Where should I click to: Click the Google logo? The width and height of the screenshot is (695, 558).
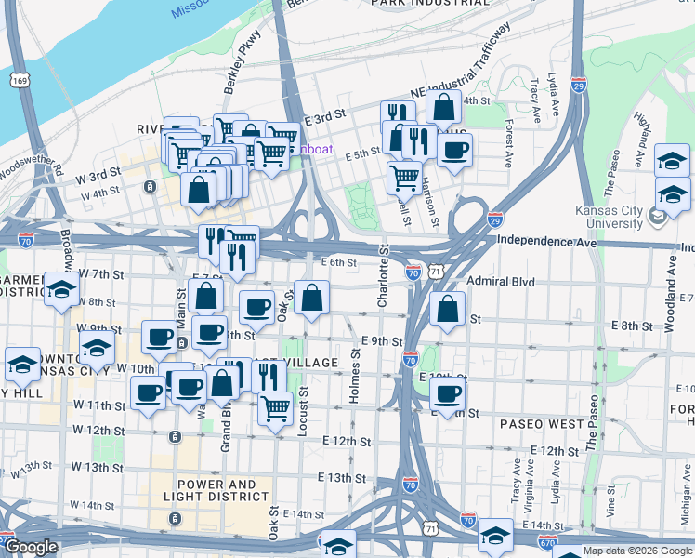point(31,547)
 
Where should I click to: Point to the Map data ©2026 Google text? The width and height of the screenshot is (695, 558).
point(636,551)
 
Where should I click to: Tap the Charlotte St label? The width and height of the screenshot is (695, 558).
point(383,276)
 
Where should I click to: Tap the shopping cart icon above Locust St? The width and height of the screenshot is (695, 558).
point(275,407)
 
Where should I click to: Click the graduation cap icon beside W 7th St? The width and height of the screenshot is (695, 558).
point(61,289)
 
